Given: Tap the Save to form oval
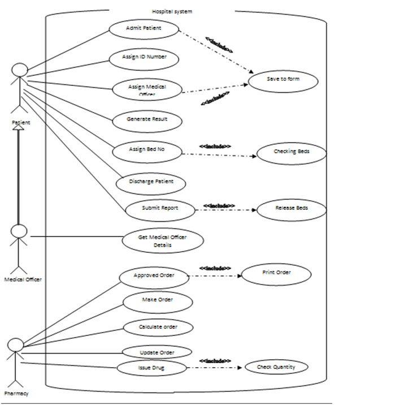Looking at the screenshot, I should tap(284, 80).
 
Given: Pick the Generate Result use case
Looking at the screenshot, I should tap(147, 120).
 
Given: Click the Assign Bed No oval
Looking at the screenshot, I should tap(147, 150).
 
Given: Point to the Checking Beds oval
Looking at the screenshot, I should tap(292, 152).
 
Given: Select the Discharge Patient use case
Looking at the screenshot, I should tap(151, 182).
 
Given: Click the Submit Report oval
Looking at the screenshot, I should tap(160, 209).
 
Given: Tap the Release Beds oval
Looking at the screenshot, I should tap(292, 209).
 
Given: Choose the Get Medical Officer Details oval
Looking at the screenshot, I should tap(163, 242).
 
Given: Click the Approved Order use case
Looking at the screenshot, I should tap(154, 276).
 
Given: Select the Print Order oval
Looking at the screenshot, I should tap(276, 273).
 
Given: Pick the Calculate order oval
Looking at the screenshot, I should tap(158, 328).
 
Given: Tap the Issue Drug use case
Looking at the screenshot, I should tap(151, 368).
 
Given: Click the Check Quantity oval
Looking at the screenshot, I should tap(276, 367).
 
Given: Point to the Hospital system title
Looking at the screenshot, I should tap(172, 11).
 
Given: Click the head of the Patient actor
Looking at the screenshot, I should tap(20, 70).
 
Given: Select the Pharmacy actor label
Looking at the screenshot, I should tap(16, 393).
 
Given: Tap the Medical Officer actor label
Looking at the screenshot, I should tap(23, 279).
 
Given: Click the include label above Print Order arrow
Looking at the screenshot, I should tap(215, 268).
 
